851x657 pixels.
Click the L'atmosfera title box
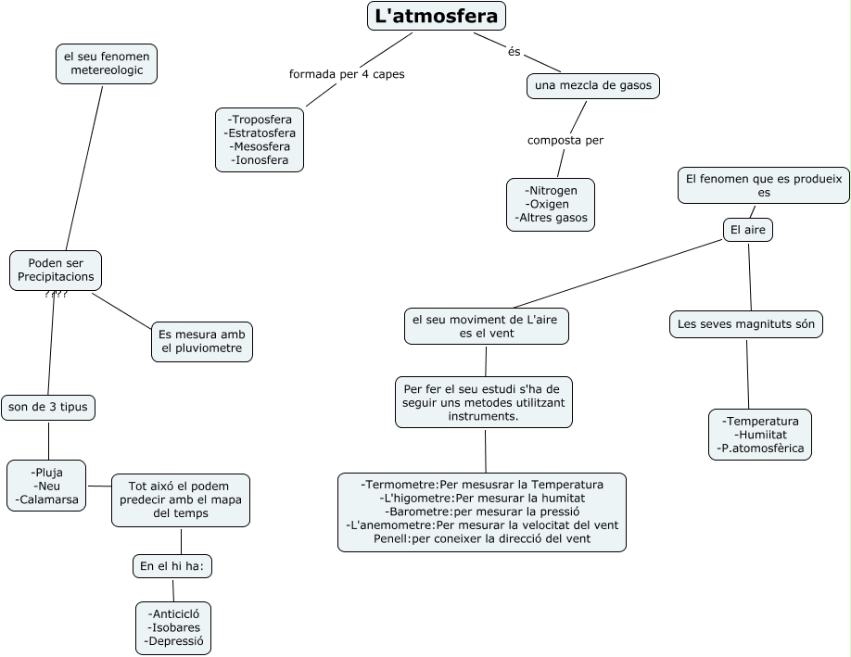(x=437, y=16)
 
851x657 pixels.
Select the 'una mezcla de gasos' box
(x=593, y=86)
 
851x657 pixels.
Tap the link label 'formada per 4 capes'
(x=347, y=74)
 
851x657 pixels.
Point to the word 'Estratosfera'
(x=261, y=133)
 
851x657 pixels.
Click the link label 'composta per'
(x=565, y=141)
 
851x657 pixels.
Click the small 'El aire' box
(x=747, y=230)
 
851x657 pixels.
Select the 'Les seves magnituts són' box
(x=745, y=324)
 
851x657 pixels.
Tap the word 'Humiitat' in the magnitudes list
(x=761, y=435)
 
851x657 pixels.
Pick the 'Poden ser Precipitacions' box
(x=56, y=271)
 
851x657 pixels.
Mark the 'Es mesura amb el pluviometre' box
(x=201, y=342)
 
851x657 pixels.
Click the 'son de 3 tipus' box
(x=48, y=407)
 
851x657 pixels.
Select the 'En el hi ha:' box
(x=172, y=566)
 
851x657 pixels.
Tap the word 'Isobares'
(x=173, y=628)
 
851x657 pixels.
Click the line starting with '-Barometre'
(x=482, y=512)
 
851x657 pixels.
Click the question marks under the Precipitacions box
(x=56, y=295)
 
